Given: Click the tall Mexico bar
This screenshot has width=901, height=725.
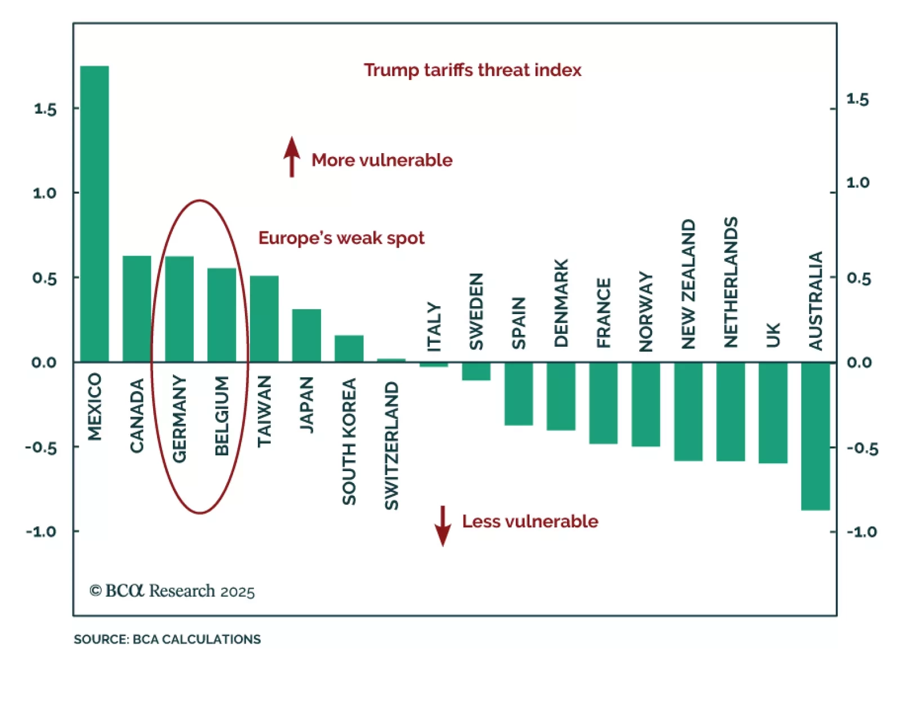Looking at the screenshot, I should point(95,214).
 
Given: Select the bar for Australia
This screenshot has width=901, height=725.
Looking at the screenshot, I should point(815,436).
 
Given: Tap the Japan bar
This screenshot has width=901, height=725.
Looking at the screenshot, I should point(306,335).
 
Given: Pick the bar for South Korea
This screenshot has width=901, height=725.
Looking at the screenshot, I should point(349,349).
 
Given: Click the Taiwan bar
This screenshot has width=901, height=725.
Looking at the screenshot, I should point(264,319).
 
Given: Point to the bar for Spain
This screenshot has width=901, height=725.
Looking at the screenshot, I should point(519,394).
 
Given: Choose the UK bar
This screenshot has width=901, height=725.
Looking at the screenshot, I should point(773,413).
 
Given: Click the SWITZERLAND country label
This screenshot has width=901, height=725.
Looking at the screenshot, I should point(391,446).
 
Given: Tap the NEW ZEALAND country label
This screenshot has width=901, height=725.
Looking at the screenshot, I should point(689,284).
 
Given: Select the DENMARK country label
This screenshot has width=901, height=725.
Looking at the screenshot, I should point(561,303).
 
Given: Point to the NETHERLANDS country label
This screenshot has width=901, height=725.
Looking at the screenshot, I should point(731,283).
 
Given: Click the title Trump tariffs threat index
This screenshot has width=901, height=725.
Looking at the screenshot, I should point(472,70).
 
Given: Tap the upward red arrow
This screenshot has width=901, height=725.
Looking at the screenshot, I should point(292,156).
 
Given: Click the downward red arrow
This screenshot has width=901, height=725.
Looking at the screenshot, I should point(443,526).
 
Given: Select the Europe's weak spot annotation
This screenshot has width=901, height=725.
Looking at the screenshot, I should point(341,238).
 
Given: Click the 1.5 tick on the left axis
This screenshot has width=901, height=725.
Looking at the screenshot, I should point(45,109).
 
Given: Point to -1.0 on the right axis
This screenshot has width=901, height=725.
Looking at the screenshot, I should point(862,532).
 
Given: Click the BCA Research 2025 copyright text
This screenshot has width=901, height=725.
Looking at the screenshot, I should point(172,591).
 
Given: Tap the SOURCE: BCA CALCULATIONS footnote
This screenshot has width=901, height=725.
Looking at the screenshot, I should point(167,639).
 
